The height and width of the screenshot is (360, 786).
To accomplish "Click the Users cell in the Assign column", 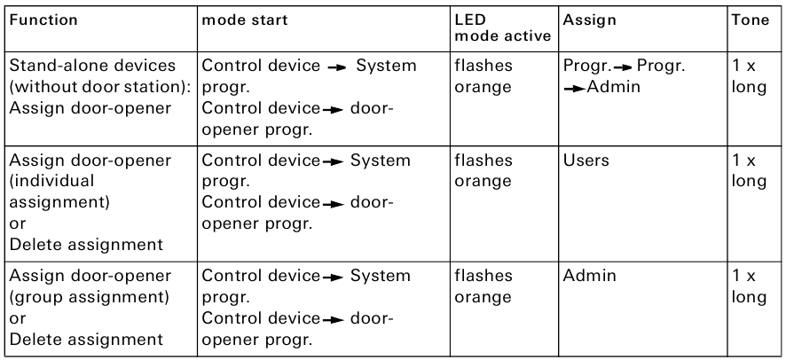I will coord(581,160).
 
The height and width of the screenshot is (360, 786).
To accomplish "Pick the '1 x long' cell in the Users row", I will coord(747,171).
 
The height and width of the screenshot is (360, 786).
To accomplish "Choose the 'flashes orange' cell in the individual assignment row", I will coord(483,171).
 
